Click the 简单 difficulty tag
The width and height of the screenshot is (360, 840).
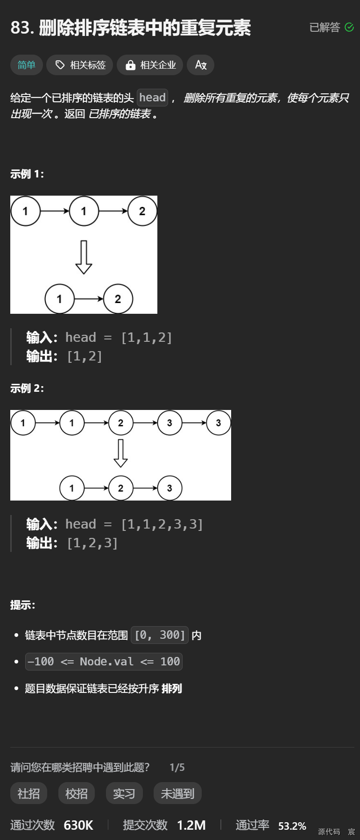click(x=26, y=65)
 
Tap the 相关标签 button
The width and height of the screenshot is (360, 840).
click(x=80, y=65)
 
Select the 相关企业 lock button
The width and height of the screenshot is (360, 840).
click(x=150, y=65)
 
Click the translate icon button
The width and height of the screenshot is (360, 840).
click(x=200, y=65)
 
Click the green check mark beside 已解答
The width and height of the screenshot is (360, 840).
click(x=349, y=27)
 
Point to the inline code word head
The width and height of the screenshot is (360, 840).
click(x=152, y=98)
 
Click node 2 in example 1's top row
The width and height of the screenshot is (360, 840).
click(x=142, y=211)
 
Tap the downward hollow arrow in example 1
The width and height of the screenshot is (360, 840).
click(x=84, y=257)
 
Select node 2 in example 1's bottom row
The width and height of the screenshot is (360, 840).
click(x=118, y=299)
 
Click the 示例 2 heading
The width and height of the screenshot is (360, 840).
click(x=27, y=388)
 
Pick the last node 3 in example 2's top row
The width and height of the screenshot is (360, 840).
click(x=218, y=423)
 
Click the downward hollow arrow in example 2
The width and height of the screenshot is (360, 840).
click(x=120, y=453)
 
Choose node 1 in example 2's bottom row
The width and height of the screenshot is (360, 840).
click(x=71, y=488)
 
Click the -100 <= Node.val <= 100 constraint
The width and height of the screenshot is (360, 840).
click(x=104, y=662)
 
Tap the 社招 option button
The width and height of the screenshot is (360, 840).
click(x=28, y=793)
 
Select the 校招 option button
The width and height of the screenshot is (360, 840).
click(x=77, y=793)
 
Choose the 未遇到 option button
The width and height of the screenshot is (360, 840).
click(x=177, y=793)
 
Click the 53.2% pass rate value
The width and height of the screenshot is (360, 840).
click(x=292, y=826)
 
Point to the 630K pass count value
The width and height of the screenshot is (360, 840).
click(x=78, y=826)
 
